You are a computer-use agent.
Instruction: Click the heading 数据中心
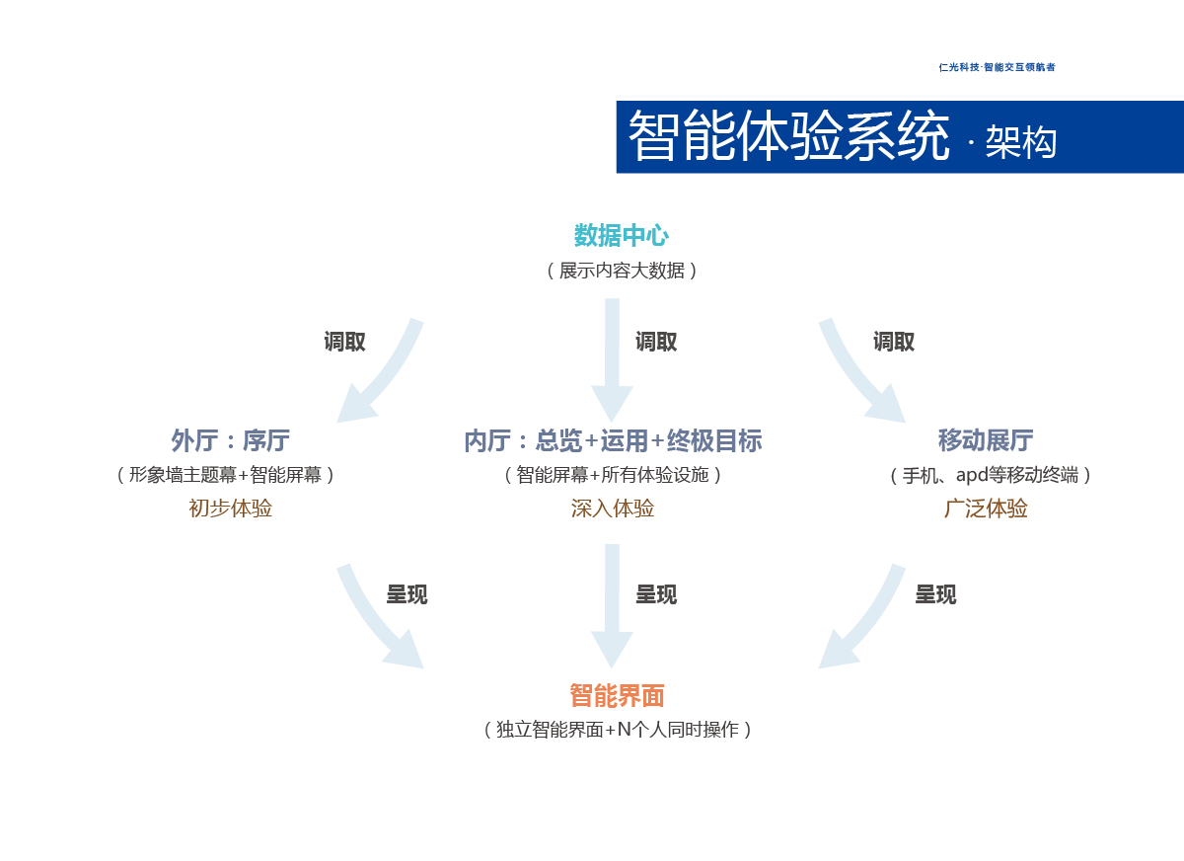pyautogui.click(x=622, y=236)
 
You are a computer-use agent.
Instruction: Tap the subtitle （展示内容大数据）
pyautogui.click(x=622, y=271)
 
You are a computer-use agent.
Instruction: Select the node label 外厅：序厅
pyautogui.click(x=230, y=440)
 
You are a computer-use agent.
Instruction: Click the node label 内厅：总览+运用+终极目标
pyautogui.click(x=613, y=440)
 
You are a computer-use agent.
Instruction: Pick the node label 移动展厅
pyautogui.click(x=986, y=440)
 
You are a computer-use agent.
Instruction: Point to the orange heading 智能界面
pyautogui.click(x=617, y=696)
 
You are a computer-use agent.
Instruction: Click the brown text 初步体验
pyautogui.click(x=230, y=509)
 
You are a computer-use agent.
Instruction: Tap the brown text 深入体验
pyautogui.click(x=613, y=509)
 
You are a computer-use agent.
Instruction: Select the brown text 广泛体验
pyautogui.click(x=986, y=509)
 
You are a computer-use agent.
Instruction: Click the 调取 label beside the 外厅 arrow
pyautogui.click(x=345, y=342)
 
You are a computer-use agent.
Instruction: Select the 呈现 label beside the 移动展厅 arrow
pyautogui.click(x=935, y=594)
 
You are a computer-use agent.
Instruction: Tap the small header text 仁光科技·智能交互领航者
pyautogui.click(x=997, y=67)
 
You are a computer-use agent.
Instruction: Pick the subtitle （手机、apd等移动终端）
pyautogui.click(x=991, y=475)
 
